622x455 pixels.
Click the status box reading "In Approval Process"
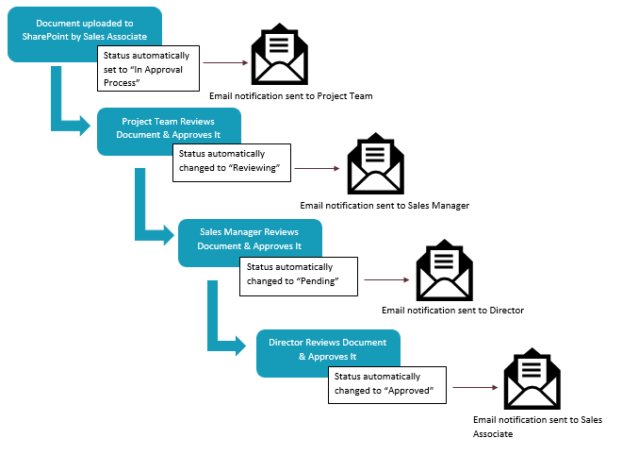(x=149, y=69)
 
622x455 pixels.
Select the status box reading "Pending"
(x=297, y=275)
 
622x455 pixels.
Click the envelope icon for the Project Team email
(x=278, y=56)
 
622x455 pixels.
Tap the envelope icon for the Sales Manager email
(x=375, y=166)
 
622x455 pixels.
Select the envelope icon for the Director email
(x=445, y=273)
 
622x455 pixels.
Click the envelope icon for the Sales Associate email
(x=532, y=380)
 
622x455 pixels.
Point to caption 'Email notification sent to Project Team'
(x=291, y=96)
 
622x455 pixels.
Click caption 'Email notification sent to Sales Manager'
(x=384, y=205)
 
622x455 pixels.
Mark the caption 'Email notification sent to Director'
(x=452, y=310)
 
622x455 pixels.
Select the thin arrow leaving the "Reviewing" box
(x=316, y=169)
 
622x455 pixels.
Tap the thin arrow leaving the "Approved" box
(x=474, y=387)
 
